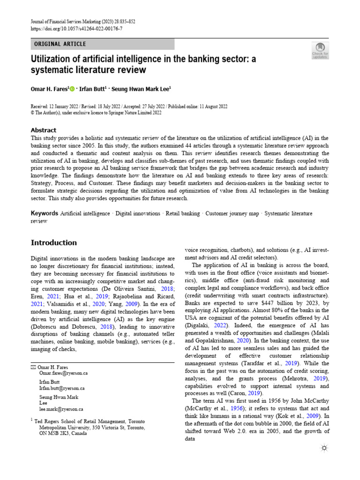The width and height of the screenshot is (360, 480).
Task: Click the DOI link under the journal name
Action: [77, 29]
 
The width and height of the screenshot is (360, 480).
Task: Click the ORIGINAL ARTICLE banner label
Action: [60, 44]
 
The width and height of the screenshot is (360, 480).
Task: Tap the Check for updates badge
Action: [320, 50]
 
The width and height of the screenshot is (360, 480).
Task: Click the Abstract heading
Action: [43, 130]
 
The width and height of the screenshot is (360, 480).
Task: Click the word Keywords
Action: [44, 213]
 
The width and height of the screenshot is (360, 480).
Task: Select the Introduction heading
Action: [53, 242]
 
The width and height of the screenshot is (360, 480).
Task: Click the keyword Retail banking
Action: [183, 213]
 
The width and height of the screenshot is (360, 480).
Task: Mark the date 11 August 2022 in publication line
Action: [210, 107]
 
